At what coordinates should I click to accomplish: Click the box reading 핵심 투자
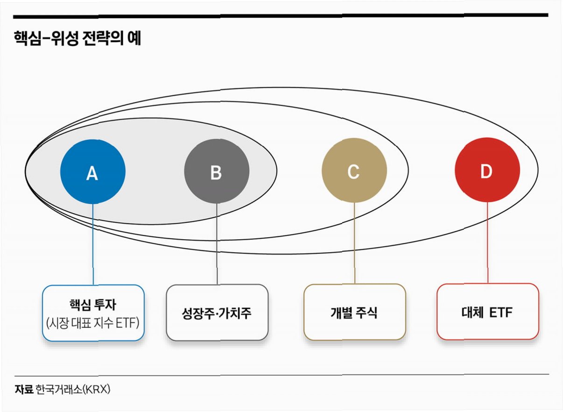pyautogui.click(x=93, y=313)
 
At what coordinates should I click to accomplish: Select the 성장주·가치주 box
pyautogui.click(x=217, y=312)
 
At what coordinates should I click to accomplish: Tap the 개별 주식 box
pyautogui.click(x=354, y=312)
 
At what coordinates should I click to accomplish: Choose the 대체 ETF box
pyautogui.click(x=487, y=312)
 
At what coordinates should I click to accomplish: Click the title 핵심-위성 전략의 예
pyautogui.click(x=77, y=39)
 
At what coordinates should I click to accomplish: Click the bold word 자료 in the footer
pyautogui.click(x=23, y=389)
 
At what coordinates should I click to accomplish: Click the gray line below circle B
pyautogui.click(x=217, y=243)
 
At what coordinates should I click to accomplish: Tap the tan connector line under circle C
pyautogui.click(x=354, y=243)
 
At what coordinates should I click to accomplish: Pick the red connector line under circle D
pyautogui.click(x=487, y=243)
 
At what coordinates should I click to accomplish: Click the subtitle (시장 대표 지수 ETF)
pyautogui.click(x=93, y=323)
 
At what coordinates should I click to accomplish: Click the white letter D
pyautogui.click(x=486, y=172)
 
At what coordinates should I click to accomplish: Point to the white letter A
pyautogui.click(x=92, y=174)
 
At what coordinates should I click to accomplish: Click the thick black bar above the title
pyautogui.click(x=280, y=15)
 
